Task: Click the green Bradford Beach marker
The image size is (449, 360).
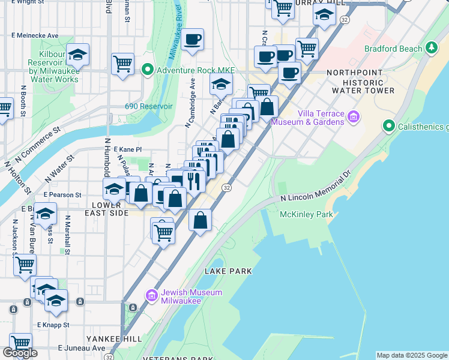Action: click(x=430, y=47)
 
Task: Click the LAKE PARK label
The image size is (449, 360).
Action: click(x=228, y=271)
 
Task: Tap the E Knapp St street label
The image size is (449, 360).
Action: click(x=53, y=325)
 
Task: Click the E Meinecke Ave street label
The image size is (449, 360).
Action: click(x=35, y=35)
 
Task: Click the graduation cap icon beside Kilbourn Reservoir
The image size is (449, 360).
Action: click(x=77, y=56)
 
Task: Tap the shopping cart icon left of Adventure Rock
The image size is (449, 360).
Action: click(x=122, y=63)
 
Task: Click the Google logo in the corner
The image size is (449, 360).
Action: click(x=20, y=353)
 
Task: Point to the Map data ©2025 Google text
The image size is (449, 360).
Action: click(x=412, y=355)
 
